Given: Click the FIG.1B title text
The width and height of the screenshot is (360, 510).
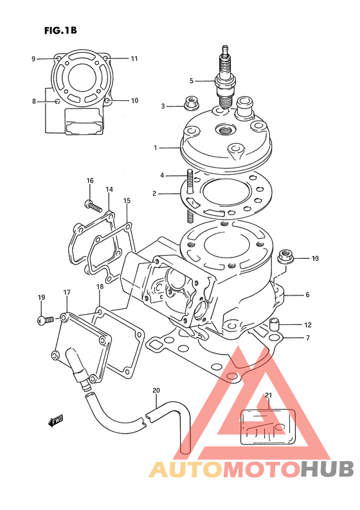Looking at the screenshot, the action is click(60, 31).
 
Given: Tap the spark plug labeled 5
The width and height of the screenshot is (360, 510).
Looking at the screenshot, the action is click(224, 78).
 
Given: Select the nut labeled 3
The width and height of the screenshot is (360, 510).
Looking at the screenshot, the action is click(191, 103).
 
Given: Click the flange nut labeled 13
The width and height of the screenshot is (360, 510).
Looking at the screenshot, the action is click(286, 259).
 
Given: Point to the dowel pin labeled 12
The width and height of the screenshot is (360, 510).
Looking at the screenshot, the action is click(275, 324).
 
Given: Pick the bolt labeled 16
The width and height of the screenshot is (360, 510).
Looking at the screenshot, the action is click(93, 206).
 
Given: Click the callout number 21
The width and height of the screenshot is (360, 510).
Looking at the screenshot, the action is click(268, 395).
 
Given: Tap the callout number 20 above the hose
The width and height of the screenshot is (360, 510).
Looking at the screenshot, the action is click(156, 391).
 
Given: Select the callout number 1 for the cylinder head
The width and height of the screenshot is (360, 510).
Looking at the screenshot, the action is click(156, 148).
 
